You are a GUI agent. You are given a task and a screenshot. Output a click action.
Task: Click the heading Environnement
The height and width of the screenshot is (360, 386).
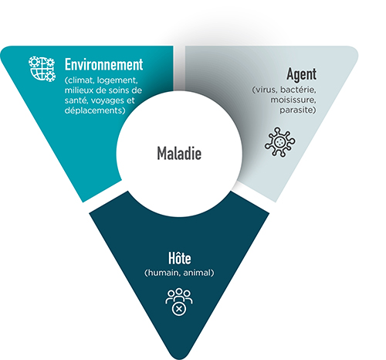tap(103, 64)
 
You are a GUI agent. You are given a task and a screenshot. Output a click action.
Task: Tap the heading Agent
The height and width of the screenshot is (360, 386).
tap(301, 75)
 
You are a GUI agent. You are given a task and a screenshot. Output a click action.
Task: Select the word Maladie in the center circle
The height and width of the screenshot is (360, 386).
tap(179, 153)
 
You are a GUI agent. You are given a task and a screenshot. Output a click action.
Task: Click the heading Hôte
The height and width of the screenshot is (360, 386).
tap(180, 258)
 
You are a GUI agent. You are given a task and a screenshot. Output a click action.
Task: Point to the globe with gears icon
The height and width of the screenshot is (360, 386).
tap(42, 69)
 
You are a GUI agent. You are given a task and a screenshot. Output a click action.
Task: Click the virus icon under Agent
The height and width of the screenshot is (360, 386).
tap(280, 142)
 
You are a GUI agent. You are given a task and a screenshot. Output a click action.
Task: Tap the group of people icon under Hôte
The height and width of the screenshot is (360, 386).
tap(179, 296)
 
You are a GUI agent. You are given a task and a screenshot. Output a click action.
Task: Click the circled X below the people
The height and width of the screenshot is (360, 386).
tap(179, 308)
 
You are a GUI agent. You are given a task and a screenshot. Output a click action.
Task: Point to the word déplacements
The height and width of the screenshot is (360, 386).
tap(95, 110)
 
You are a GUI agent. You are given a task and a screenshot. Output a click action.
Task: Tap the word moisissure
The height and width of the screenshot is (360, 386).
tap(293, 100)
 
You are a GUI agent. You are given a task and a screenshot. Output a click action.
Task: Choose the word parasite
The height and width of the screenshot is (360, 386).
tap(298, 110)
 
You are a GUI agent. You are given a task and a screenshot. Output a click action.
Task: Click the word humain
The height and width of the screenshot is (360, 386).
tap(163, 273)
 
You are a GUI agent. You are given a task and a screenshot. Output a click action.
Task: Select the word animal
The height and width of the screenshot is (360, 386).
tap(198, 273)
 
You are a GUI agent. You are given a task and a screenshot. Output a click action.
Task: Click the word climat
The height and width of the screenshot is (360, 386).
tap(80, 80)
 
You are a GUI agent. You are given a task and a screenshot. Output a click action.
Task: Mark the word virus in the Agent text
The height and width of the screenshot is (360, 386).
tap(265, 90)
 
